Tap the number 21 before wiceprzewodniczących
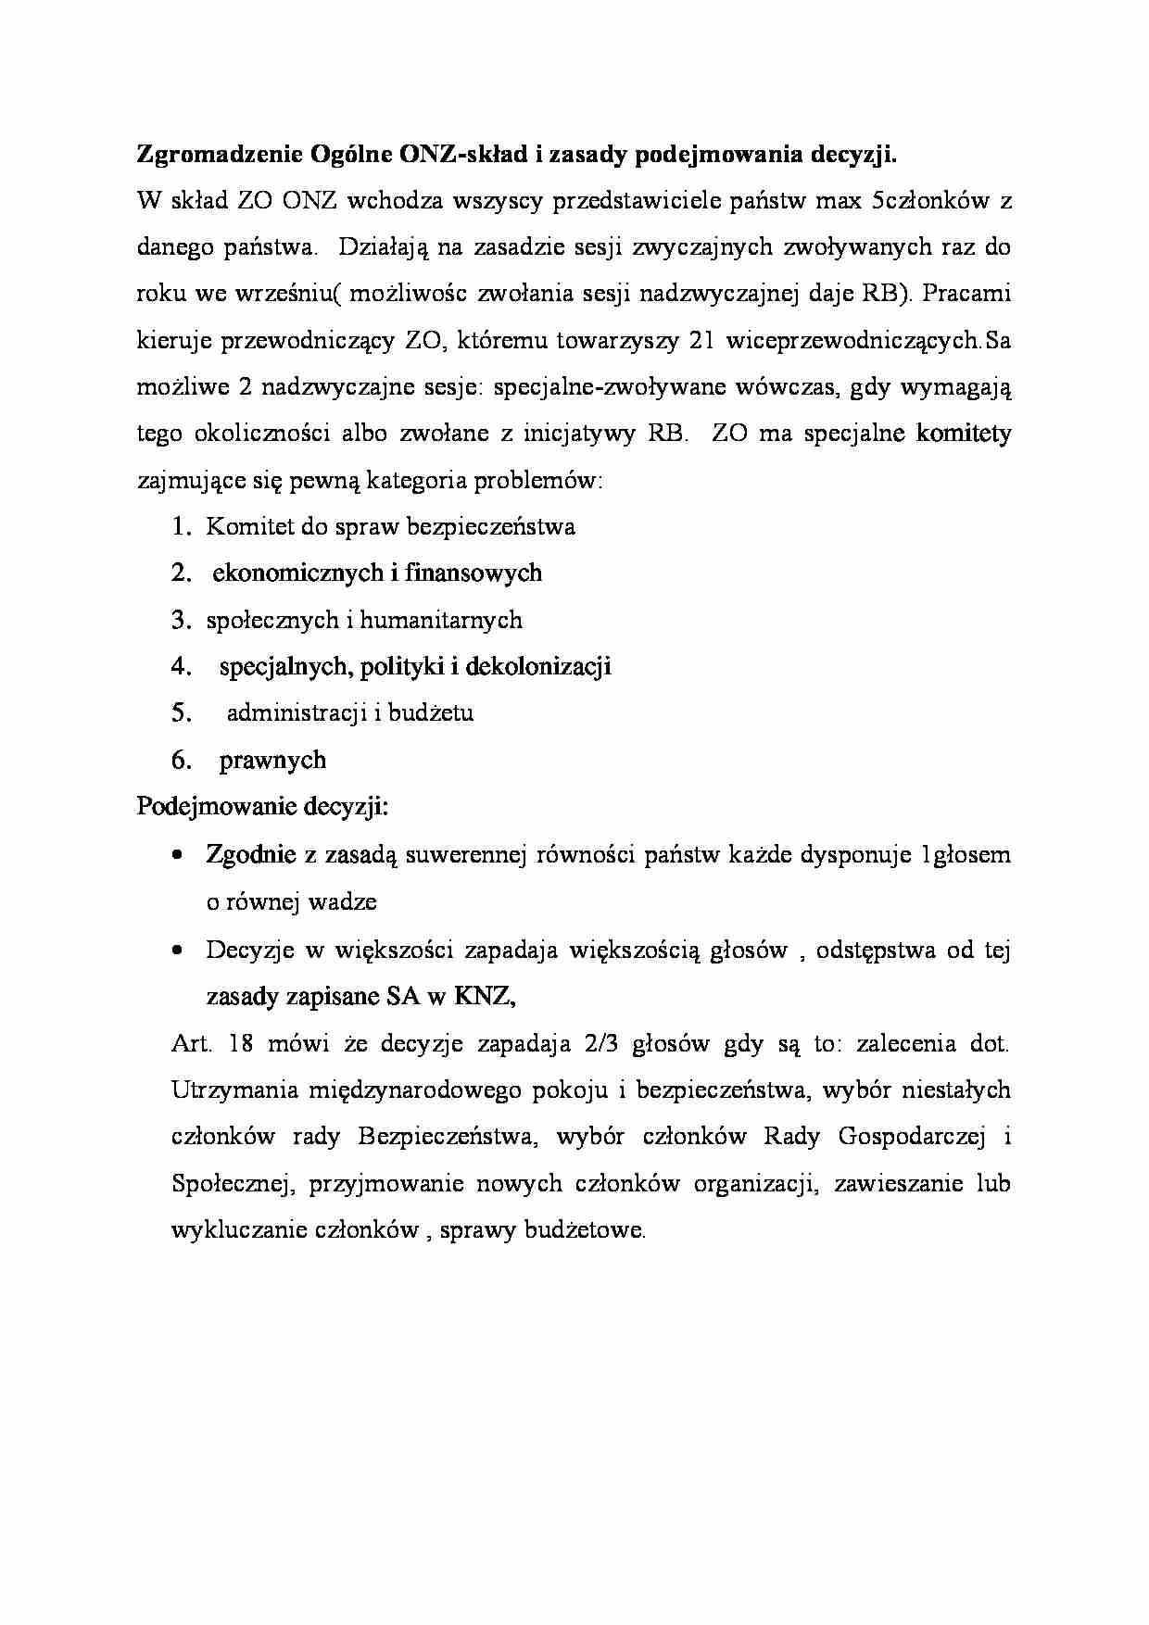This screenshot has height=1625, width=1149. pyautogui.click(x=701, y=341)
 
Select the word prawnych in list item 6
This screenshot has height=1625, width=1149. pyautogui.click(x=272, y=761)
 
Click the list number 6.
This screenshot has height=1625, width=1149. pyautogui.click(x=182, y=761)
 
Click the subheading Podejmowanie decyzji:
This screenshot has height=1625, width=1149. pyautogui.click(x=262, y=806)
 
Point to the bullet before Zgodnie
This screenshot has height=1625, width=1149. pyautogui.click(x=178, y=857)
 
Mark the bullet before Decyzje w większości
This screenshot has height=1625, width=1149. pyautogui.click(x=178, y=951)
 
